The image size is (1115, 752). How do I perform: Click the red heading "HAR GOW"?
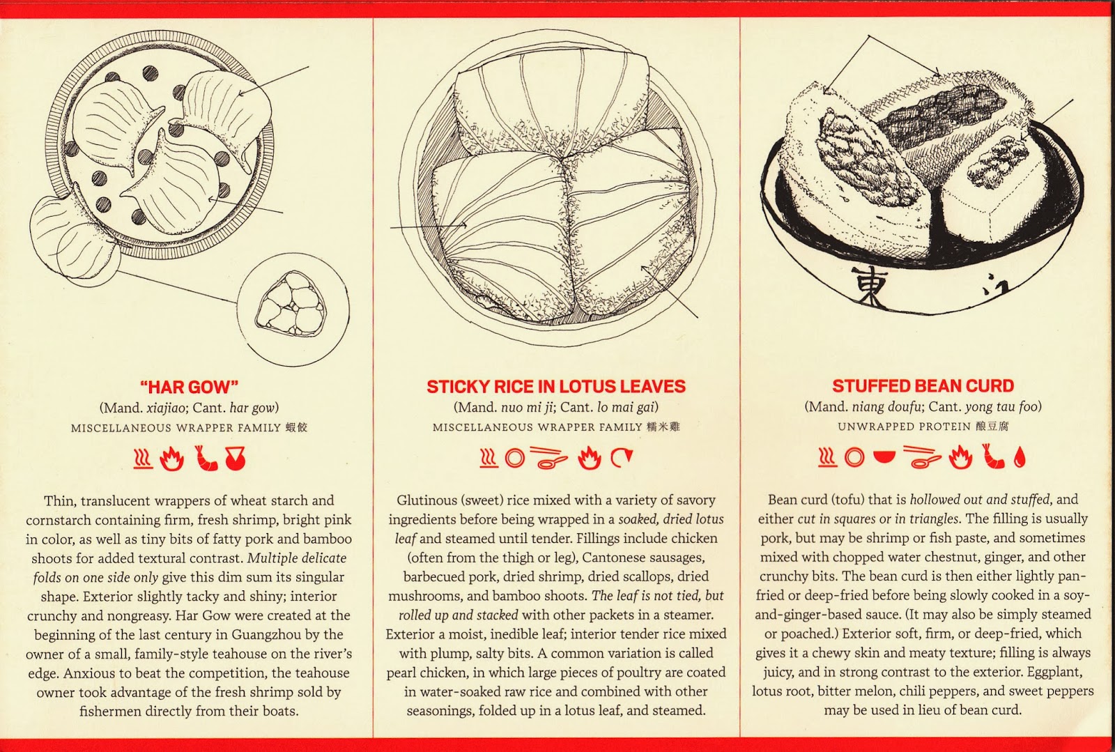[x=189, y=387]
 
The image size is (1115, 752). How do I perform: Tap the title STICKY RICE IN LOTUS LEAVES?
[x=556, y=386]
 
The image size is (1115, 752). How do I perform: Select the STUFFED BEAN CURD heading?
[x=923, y=385]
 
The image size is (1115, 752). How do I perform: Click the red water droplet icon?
[x=1020, y=458]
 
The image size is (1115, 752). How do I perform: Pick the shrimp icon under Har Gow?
[x=206, y=458]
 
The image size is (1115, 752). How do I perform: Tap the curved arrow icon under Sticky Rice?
[x=622, y=457]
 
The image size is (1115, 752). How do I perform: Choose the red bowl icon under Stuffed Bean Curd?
[x=884, y=456]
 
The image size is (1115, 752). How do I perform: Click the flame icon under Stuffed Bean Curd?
[x=960, y=457]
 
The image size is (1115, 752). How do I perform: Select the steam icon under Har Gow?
[x=142, y=459]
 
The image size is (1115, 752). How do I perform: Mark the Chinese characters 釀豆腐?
[x=992, y=426]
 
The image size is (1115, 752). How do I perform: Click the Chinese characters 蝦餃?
[x=297, y=427]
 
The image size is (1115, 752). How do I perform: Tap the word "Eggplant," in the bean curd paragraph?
[x=1055, y=672]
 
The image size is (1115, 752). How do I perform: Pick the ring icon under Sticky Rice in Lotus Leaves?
[x=515, y=458]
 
